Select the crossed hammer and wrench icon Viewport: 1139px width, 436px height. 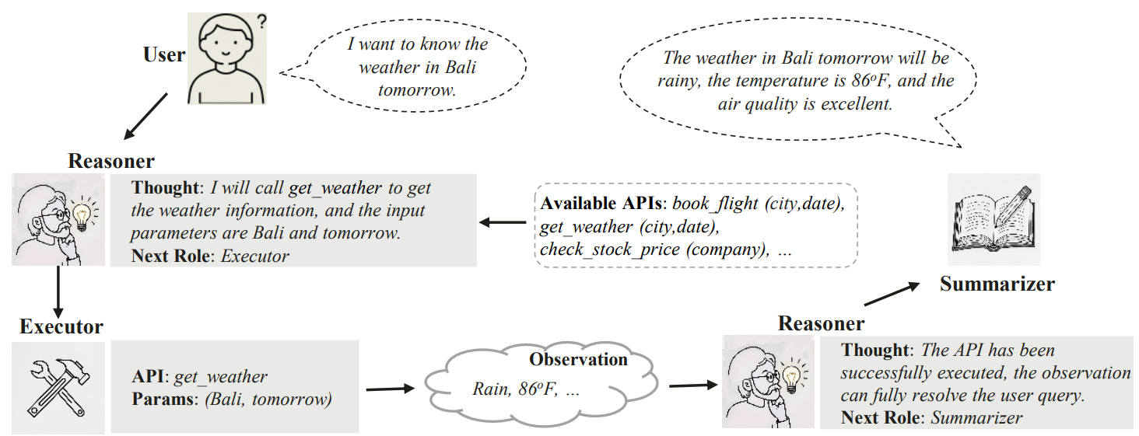[58, 386]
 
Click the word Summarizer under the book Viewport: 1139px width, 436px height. [997, 284]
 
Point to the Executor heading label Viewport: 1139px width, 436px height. [61, 326]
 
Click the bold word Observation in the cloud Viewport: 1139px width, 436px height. [578, 359]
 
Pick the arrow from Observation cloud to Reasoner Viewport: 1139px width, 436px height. [692, 385]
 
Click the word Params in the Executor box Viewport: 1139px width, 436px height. [165, 400]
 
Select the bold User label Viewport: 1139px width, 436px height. [164, 55]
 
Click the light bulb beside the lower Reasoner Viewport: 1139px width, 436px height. [792, 376]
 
